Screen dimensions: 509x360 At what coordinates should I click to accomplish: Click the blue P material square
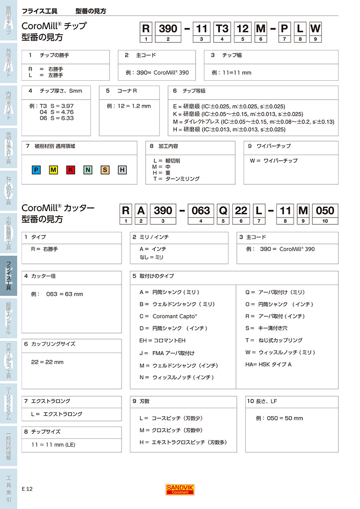(x=36, y=170)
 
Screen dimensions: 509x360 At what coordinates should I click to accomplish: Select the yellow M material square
(x=53, y=170)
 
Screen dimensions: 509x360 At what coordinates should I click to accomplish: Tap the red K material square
(x=70, y=170)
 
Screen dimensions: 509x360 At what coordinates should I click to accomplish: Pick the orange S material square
(x=105, y=170)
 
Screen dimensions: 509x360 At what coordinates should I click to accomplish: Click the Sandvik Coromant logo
(x=180, y=489)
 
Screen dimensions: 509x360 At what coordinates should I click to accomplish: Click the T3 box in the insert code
(x=222, y=29)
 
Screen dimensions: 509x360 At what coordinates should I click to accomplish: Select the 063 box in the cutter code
(x=201, y=211)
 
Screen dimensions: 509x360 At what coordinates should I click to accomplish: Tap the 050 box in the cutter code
(x=325, y=211)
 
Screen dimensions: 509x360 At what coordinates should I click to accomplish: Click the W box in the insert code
(x=315, y=29)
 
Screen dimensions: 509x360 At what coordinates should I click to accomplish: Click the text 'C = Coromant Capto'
(x=168, y=316)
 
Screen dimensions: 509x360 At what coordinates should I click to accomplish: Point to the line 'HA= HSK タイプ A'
(x=268, y=364)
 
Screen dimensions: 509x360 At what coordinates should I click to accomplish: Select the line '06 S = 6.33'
(x=57, y=118)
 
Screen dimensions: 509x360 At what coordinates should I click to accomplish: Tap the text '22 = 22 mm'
(x=47, y=362)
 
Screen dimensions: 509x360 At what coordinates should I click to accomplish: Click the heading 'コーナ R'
(x=127, y=91)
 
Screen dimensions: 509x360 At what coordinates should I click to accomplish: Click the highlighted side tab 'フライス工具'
(x=8, y=275)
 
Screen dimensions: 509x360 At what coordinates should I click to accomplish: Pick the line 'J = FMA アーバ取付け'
(x=167, y=353)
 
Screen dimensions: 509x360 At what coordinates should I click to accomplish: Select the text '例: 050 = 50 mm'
(x=279, y=418)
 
